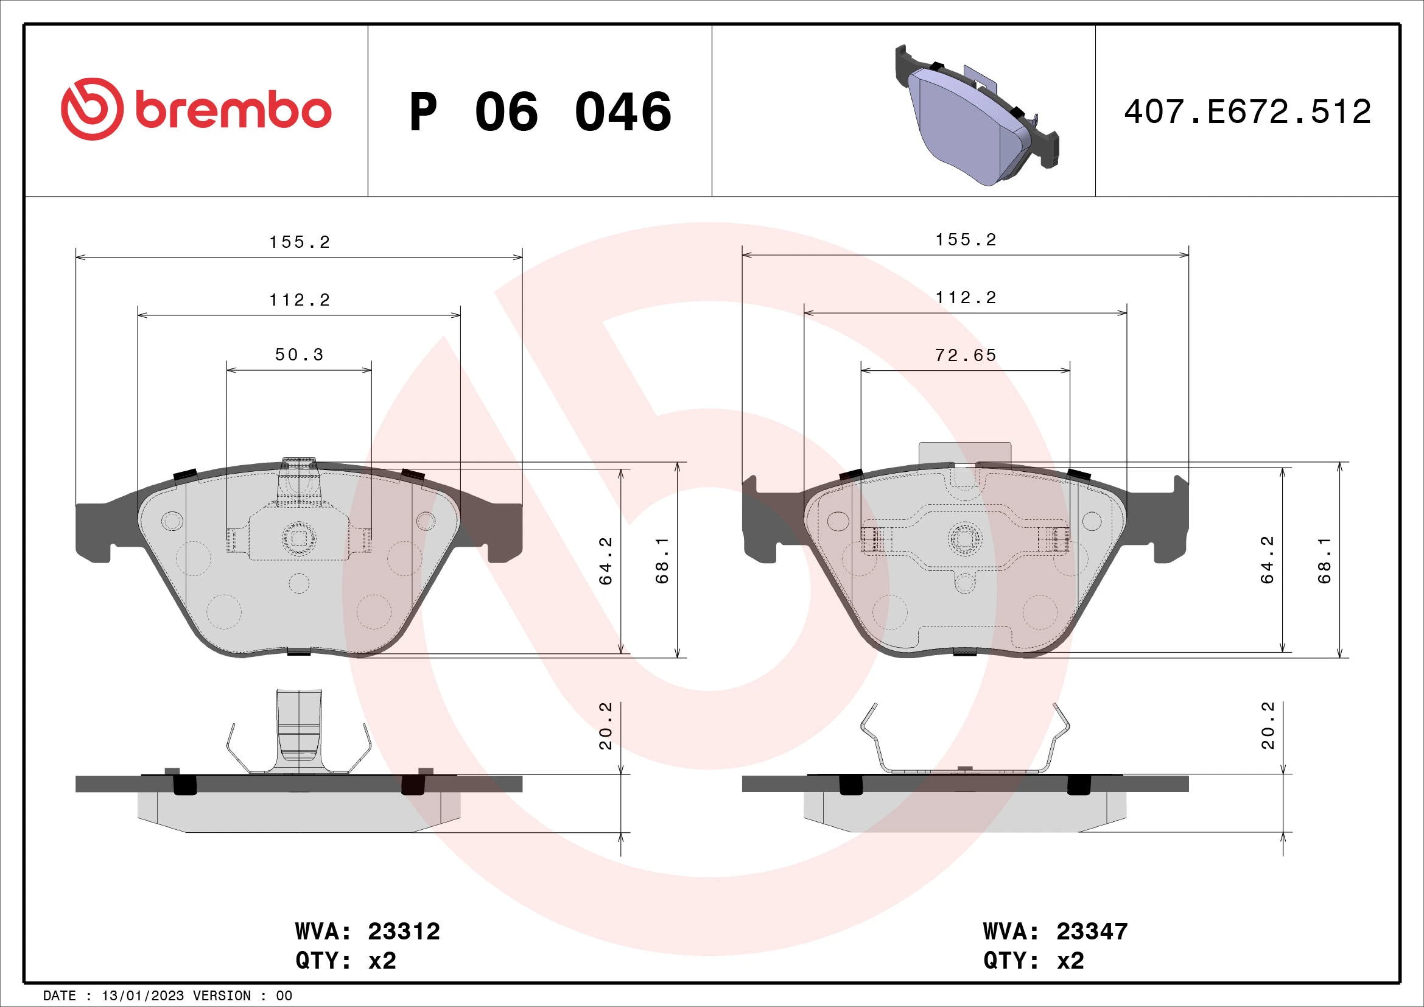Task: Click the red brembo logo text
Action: click(x=233, y=111)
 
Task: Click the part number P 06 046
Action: click(x=539, y=112)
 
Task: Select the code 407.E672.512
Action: click(x=1247, y=112)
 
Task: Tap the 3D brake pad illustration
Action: click(x=976, y=118)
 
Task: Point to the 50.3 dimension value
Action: click(x=299, y=355)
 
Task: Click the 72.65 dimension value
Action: click(x=965, y=356)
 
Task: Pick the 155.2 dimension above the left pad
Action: click(x=299, y=242)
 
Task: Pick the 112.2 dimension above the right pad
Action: click(x=965, y=298)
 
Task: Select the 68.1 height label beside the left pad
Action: click(x=662, y=560)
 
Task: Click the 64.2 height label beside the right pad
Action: click(x=1267, y=560)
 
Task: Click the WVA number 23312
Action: click(x=404, y=932)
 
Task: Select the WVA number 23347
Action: click(x=1092, y=932)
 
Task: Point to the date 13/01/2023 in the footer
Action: click(x=142, y=996)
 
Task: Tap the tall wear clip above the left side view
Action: click(x=299, y=726)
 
